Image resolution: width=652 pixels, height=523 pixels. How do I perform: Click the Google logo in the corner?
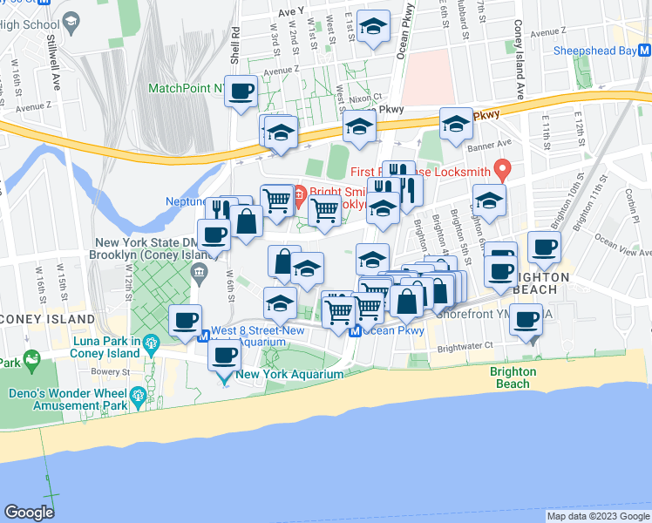pyautogui.click(x=29, y=513)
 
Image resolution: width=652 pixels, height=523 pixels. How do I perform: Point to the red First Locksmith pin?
pyautogui.click(x=501, y=167)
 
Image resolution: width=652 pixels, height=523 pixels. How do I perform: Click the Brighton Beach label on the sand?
pyautogui.click(x=513, y=377)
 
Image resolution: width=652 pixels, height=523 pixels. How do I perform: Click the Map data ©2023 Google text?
pyautogui.click(x=597, y=516)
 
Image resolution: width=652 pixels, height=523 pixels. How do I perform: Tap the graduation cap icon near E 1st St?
pyautogui.click(x=374, y=30)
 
